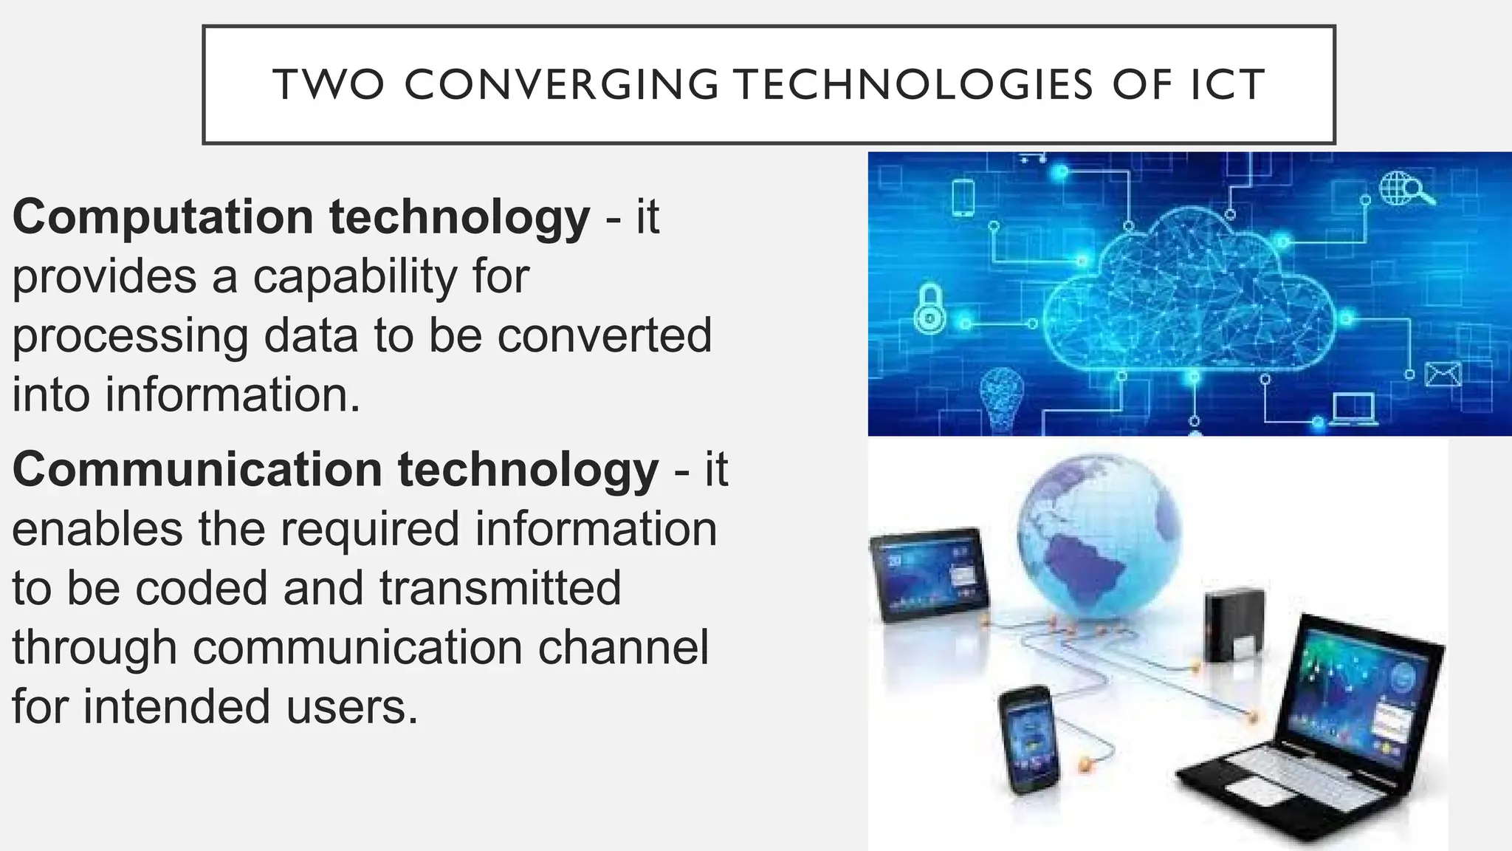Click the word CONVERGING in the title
click(x=561, y=84)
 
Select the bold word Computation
click(x=163, y=217)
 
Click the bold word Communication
click(x=197, y=469)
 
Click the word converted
click(x=605, y=335)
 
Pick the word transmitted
click(x=500, y=588)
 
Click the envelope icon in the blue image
click(x=1443, y=374)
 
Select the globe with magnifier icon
click(x=1406, y=188)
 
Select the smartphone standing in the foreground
click(x=1029, y=739)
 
